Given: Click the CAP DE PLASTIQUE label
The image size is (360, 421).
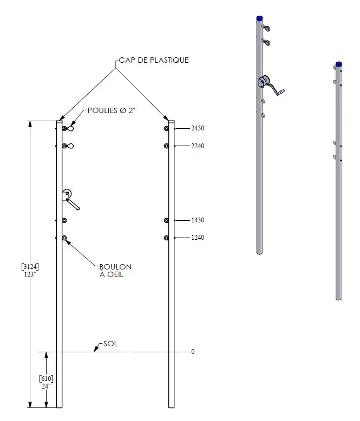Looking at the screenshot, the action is click(154, 60).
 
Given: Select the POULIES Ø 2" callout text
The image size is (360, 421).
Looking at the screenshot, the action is click(112, 110).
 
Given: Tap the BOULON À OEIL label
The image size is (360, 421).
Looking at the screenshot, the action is click(115, 271).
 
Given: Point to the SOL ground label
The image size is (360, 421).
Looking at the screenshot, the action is click(110, 344).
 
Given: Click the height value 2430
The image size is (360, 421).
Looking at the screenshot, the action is click(198, 128).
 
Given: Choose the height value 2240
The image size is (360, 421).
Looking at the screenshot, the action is click(198, 146).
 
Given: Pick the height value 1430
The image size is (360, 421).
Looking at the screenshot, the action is click(198, 220).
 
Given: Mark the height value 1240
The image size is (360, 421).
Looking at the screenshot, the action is click(198, 238).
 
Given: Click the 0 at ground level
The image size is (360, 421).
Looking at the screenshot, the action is click(193, 351).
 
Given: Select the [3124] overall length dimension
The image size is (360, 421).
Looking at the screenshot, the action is click(30, 267).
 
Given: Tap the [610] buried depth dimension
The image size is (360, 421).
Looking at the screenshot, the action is click(46, 379).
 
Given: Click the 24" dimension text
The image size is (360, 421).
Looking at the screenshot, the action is click(46, 386).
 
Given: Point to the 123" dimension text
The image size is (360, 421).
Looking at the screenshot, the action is click(30, 274).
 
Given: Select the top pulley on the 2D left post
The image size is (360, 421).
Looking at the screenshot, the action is click(68, 129).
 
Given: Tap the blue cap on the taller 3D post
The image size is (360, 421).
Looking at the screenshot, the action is click(259, 18).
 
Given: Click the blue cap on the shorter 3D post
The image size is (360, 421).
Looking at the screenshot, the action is click(339, 64).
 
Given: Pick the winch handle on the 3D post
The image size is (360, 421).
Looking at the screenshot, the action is click(277, 90).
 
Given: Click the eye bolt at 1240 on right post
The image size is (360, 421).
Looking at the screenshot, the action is click(166, 238).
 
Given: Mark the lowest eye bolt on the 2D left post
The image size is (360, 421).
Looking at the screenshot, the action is click(64, 238).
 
